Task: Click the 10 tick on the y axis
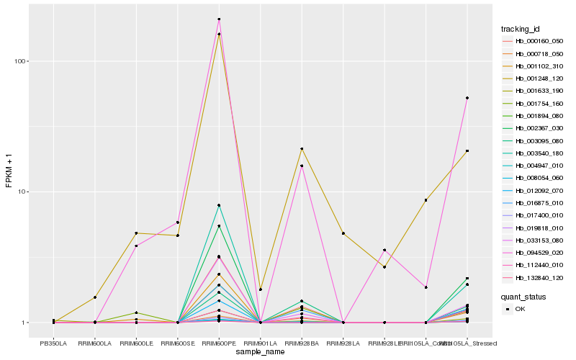point(23,192)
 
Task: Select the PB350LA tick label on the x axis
point(53,343)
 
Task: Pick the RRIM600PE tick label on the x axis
point(219,343)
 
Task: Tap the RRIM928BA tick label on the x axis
point(302,343)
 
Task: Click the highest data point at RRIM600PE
point(219,19)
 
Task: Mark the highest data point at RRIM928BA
point(302,149)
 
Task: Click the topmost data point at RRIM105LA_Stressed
point(467,98)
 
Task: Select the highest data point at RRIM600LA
point(94,297)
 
